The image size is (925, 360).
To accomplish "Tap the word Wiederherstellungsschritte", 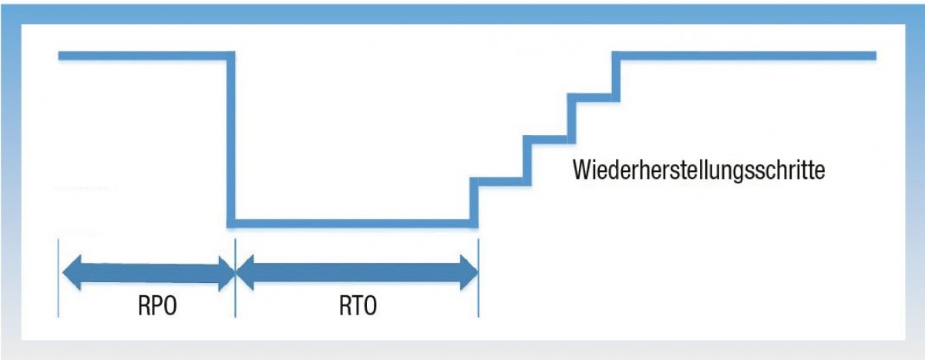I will coord(699,169).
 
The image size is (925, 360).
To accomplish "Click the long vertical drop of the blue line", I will coord(230,139).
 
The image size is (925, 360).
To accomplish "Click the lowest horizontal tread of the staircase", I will coord(499,181).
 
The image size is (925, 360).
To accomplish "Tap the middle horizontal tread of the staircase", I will coord(546,140).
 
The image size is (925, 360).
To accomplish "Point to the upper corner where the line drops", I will coord(230,56).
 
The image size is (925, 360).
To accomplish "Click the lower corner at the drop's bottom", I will coord(230,224).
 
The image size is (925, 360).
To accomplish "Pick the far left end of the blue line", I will coord(60,56).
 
